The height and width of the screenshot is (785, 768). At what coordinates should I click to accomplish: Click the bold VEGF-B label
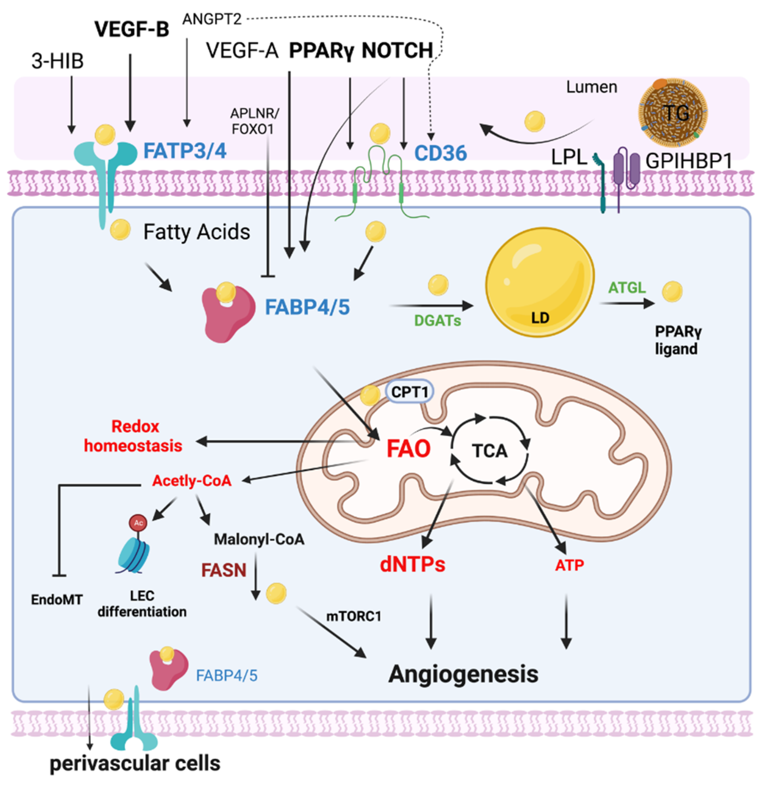(131, 29)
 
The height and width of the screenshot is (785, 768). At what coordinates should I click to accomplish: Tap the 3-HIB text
(57, 61)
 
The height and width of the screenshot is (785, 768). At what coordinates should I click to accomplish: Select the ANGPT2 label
(212, 19)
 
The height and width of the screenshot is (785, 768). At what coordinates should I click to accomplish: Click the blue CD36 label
(441, 153)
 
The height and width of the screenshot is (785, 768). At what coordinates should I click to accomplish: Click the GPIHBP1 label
(689, 161)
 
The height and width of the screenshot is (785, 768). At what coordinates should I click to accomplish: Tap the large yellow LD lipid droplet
(540, 282)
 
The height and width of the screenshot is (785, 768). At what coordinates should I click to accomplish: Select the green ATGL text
(627, 288)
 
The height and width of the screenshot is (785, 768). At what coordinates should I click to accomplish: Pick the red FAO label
(408, 449)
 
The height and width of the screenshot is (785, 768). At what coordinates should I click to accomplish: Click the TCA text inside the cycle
(490, 451)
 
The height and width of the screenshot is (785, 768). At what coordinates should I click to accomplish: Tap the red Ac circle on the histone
(138, 523)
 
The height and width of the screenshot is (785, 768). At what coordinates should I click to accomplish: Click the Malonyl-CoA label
(259, 539)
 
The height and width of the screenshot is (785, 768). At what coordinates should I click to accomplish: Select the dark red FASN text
(224, 570)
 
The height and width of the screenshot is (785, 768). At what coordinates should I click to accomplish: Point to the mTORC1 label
(353, 616)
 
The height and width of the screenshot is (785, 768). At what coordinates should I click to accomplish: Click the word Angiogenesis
(463, 674)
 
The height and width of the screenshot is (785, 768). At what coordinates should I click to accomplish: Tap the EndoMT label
(57, 599)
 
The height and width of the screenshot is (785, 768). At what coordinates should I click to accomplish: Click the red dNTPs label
(412, 565)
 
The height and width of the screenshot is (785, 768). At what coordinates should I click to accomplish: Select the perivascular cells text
(135, 764)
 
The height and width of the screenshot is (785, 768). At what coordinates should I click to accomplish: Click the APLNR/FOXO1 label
(254, 121)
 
